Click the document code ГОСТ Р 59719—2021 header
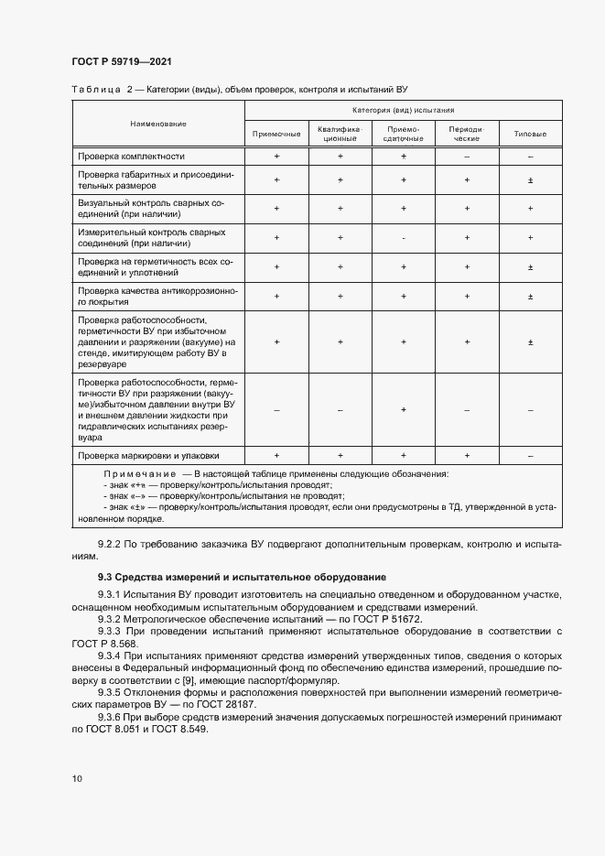[122, 61]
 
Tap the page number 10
[77, 779]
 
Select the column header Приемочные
[276, 135]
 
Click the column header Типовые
[530, 135]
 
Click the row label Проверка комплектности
[132, 157]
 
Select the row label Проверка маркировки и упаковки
[148, 455]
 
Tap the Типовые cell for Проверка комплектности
[530, 157]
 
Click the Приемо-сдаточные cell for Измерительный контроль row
[404, 238]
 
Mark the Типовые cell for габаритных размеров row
[530, 179]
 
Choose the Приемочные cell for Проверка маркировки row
[276, 455]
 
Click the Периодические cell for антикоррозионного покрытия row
[467, 297]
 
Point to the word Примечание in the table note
[140, 474]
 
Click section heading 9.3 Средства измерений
[242, 577]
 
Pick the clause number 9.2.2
[110, 544]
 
